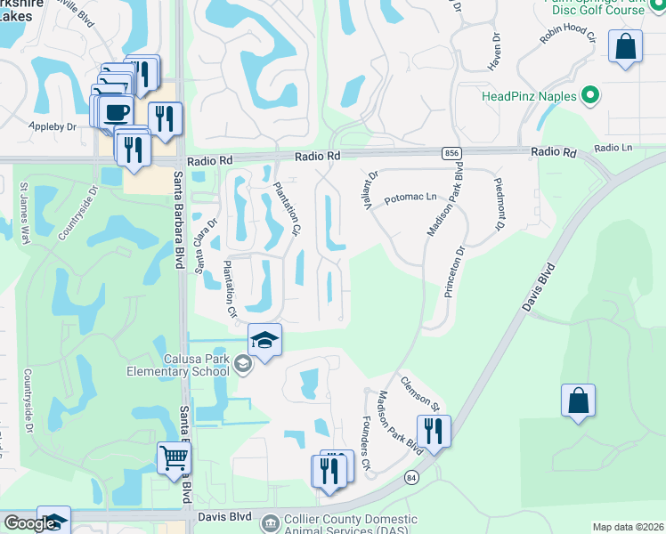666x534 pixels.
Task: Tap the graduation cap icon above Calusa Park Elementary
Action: (264, 340)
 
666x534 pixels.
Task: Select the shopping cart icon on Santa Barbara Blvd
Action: (174, 458)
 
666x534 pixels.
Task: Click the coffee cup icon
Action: (116, 112)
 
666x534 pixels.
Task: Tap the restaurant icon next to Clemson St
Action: (434, 431)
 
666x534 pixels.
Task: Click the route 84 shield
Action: (411, 478)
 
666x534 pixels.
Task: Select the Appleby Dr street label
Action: (53, 127)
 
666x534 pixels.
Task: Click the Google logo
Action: (28, 523)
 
